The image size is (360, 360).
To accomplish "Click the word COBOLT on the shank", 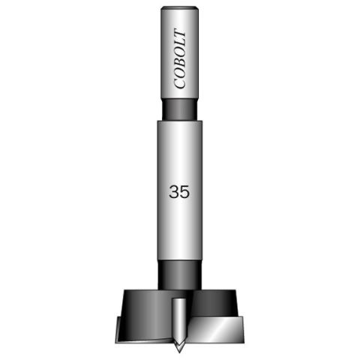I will click(180, 60).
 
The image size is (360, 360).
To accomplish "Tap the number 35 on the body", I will click(179, 192).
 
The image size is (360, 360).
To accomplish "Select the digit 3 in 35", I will click(174, 192).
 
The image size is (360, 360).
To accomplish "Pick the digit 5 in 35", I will click(184, 192).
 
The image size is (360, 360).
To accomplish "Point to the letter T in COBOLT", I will click(180, 36).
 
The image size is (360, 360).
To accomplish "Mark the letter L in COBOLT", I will click(180, 45).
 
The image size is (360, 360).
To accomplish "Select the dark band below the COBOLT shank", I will click(180, 109).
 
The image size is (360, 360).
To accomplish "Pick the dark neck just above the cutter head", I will click(180, 276).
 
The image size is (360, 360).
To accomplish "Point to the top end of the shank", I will click(180, 9).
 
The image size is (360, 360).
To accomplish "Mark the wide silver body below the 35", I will click(180, 232).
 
